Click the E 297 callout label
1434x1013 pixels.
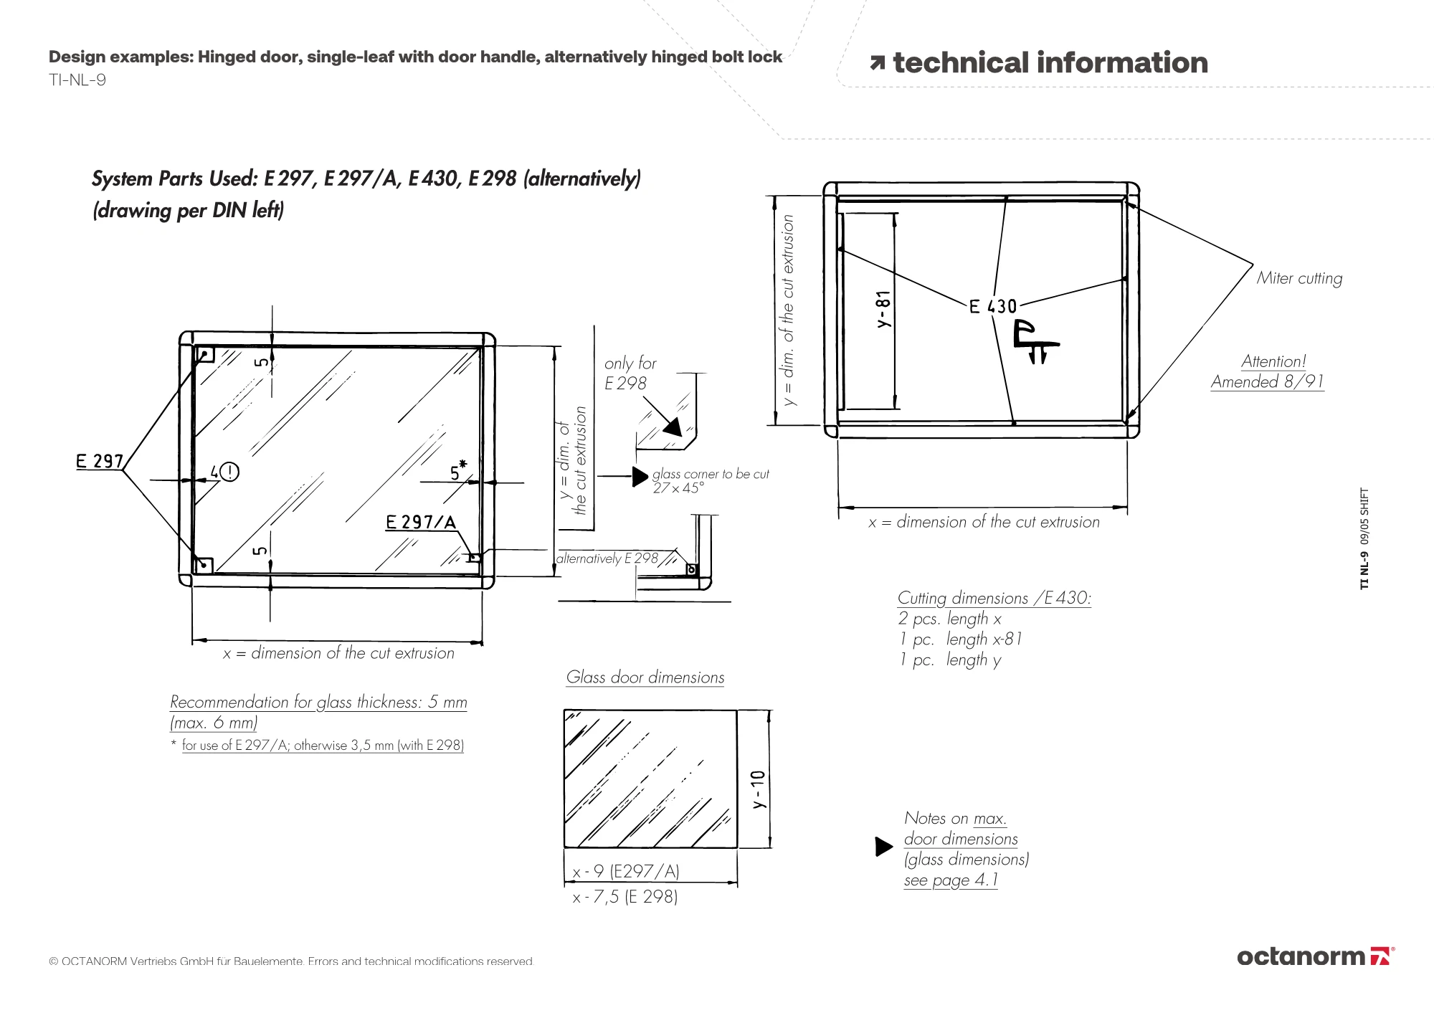100,461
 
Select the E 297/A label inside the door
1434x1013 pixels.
420,522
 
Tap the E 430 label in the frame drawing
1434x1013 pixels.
993,307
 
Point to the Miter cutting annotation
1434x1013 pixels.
1299,278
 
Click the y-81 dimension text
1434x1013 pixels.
883,309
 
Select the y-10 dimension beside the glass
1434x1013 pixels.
759,789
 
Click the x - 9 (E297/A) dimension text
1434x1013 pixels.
626,871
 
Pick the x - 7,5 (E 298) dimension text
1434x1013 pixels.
625,897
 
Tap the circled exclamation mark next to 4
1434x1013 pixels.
229,472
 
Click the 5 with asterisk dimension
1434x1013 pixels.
457,472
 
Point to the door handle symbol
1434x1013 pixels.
1035,343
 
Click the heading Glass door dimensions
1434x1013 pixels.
645,677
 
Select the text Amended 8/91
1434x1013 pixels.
1267,381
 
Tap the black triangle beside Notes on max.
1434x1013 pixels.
883,847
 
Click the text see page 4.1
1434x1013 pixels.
951,880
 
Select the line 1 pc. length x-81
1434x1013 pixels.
961,639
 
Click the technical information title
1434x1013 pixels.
1050,63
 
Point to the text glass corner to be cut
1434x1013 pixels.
710,474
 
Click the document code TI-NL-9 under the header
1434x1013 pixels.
77,80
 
